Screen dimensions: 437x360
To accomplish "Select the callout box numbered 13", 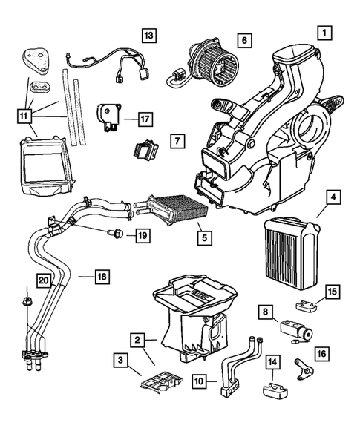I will (150, 34).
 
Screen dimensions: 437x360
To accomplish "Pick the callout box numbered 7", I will (175, 139).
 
